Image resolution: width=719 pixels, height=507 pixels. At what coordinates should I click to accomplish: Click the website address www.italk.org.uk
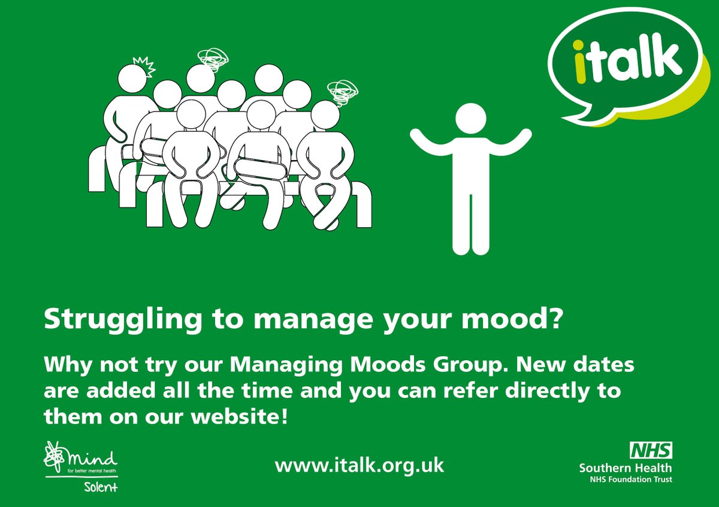(359, 466)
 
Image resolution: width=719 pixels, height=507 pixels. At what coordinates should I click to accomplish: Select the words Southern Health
(626, 467)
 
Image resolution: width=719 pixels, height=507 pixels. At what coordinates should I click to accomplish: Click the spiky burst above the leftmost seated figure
(144, 63)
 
